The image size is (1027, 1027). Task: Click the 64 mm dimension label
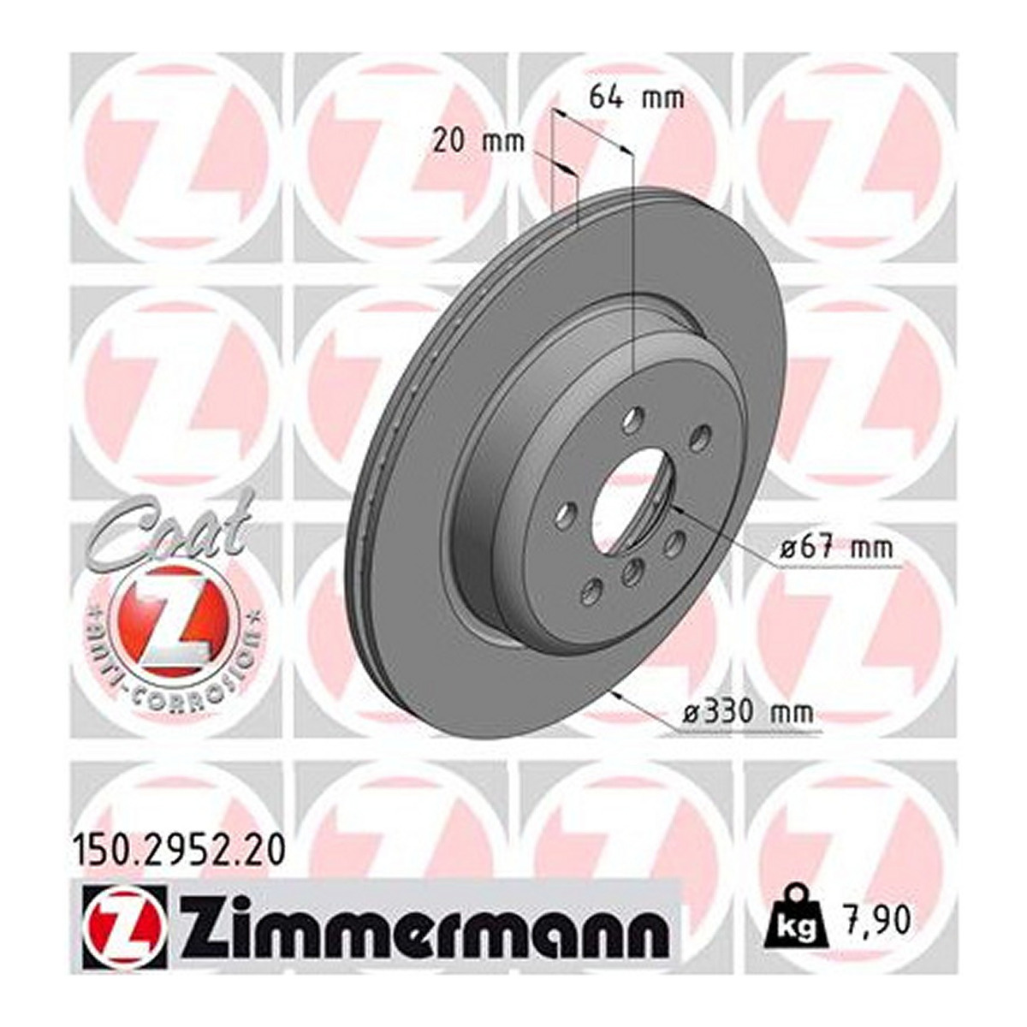click(x=636, y=99)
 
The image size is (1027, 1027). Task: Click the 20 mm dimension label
click(x=478, y=141)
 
